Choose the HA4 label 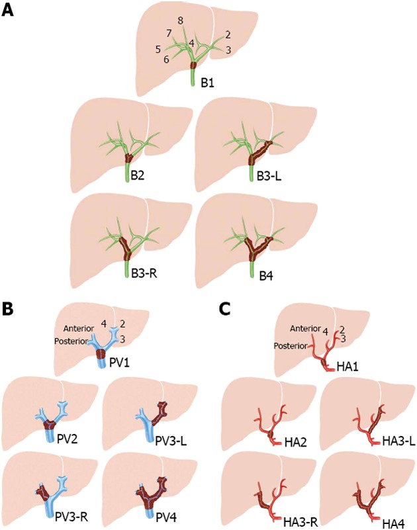pos(394,513)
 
